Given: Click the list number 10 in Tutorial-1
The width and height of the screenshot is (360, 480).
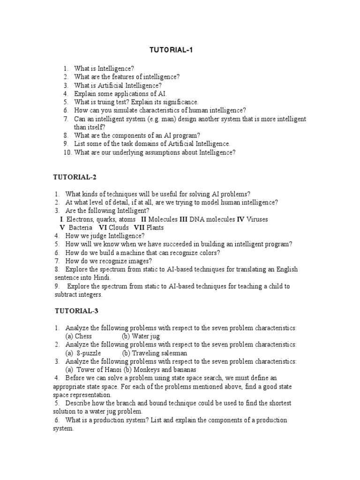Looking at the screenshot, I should [67, 152].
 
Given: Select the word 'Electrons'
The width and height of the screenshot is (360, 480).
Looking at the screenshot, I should [81, 219].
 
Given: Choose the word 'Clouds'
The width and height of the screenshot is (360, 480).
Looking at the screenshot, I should [120, 228].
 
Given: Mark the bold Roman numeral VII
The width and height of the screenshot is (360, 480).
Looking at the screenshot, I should [139, 228].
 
